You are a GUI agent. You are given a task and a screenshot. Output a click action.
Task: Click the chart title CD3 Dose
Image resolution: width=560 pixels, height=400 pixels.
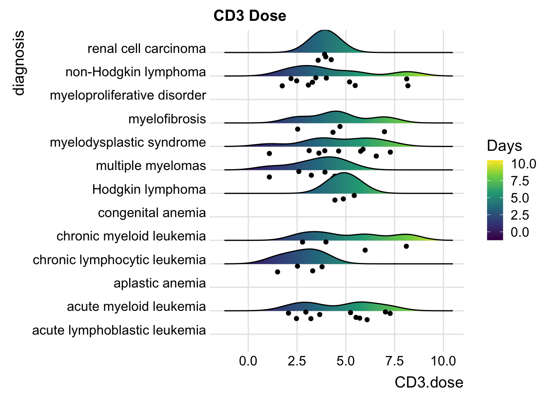pyautogui.click(x=250, y=16)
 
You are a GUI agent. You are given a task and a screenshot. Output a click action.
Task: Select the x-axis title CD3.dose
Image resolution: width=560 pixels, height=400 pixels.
pyautogui.click(x=429, y=382)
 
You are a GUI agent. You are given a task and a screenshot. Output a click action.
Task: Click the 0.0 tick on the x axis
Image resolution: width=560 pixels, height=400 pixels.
pyautogui.click(x=248, y=361)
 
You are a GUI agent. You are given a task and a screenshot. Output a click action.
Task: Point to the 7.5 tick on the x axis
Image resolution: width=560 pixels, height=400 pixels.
pyautogui.click(x=395, y=361)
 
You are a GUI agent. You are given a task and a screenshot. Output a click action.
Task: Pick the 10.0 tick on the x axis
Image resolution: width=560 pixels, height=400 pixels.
pyautogui.click(x=443, y=361)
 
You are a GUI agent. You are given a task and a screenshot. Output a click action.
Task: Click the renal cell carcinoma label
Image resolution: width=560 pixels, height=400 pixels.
pyautogui.click(x=147, y=49)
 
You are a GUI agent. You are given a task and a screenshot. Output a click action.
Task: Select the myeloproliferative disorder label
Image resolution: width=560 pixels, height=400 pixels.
pyautogui.click(x=128, y=95)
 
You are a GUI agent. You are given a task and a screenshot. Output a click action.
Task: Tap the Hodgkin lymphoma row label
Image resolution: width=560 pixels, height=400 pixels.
pyautogui.click(x=149, y=190)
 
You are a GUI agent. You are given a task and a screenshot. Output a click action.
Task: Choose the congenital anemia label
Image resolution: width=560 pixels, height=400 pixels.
pyautogui.click(x=152, y=213)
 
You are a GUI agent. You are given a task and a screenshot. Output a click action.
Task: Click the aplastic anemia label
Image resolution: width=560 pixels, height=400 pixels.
pyautogui.click(x=160, y=283)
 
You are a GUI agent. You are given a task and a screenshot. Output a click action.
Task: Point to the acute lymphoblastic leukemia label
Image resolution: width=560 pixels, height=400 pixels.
pyautogui.click(x=119, y=330)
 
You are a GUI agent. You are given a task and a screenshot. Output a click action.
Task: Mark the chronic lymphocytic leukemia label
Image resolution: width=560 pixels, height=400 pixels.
pyautogui.click(x=120, y=260)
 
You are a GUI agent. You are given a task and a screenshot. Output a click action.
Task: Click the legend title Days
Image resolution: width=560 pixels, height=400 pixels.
pyautogui.click(x=504, y=146)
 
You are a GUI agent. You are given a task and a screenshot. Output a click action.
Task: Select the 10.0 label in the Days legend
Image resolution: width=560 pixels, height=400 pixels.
pyautogui.click(x=524, y=164)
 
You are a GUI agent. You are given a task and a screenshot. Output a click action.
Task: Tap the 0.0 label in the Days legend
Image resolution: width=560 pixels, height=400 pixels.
pyautogui.click(x=520, y=232)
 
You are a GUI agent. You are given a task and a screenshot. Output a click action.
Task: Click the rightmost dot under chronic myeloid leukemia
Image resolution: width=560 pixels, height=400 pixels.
pyautogui.click(x=406, y=246)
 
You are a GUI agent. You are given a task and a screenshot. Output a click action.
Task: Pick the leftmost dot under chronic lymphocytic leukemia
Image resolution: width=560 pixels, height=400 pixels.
pyautogui.click(x=277, y=272)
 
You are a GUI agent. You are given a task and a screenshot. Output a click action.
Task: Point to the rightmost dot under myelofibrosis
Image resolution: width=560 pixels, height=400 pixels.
pyautogui.click(x=384, y=132)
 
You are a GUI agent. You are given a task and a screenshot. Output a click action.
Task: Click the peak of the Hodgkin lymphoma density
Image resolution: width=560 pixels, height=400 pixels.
pyautogui.click(x=343, y=173)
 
